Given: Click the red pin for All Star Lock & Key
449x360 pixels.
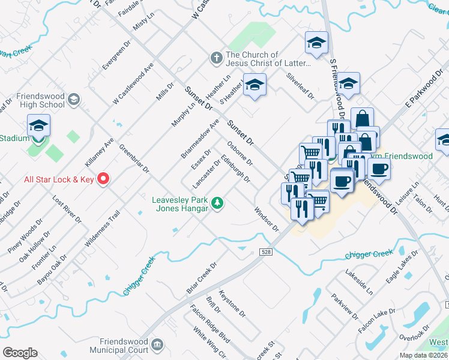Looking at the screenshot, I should (103, 178).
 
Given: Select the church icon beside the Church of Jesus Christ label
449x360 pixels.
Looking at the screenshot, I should (216, 58).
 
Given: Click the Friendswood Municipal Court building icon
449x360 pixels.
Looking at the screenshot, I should (157, 345).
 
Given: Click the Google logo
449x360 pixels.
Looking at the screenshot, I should (20, 353).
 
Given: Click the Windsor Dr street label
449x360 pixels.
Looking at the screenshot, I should (267, 219).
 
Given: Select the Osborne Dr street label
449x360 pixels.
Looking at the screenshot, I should (241, 154).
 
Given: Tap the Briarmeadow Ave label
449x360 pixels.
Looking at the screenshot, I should (200, 139).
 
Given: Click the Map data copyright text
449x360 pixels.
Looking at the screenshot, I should (423, 355).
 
